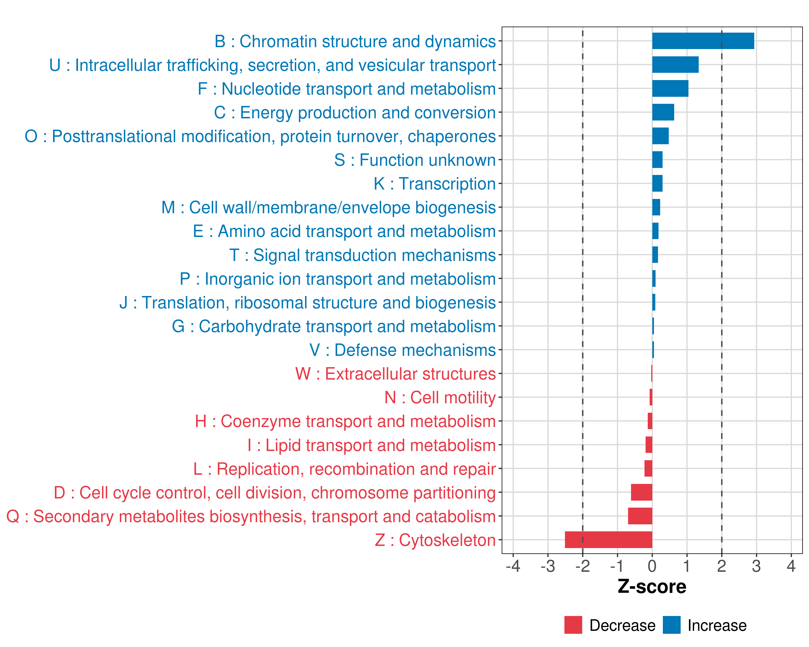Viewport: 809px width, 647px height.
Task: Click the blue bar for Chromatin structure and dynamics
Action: [x=702, y=41]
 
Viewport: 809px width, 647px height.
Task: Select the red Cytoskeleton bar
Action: [x=608, y=539]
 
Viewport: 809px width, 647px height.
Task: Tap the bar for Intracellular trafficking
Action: [x=675, y=64]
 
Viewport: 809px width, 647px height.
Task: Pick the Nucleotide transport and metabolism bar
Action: [x=670, y=88]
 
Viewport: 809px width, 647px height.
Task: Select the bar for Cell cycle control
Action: [x=641, y=492]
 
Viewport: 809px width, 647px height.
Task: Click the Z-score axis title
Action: [x=652, y=587]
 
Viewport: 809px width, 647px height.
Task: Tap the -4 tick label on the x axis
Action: [x=513, y=566]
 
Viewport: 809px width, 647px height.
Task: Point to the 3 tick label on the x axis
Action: [x=756, y=566]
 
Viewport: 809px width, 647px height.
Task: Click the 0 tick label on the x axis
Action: [x=652, y=566]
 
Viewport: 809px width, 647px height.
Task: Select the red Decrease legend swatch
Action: [x=573, y=625]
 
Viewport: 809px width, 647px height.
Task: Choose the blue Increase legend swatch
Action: [x=671, y=625]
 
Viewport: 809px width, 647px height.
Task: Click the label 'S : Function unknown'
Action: [x=415, y=160]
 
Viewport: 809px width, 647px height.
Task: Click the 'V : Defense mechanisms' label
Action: [x=402, y=350]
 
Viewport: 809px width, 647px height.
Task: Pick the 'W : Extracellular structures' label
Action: [x=395, y=374]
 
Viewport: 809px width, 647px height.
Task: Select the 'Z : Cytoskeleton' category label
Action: [x=435, y=540]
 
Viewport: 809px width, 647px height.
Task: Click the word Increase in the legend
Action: [x=717, y=625]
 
